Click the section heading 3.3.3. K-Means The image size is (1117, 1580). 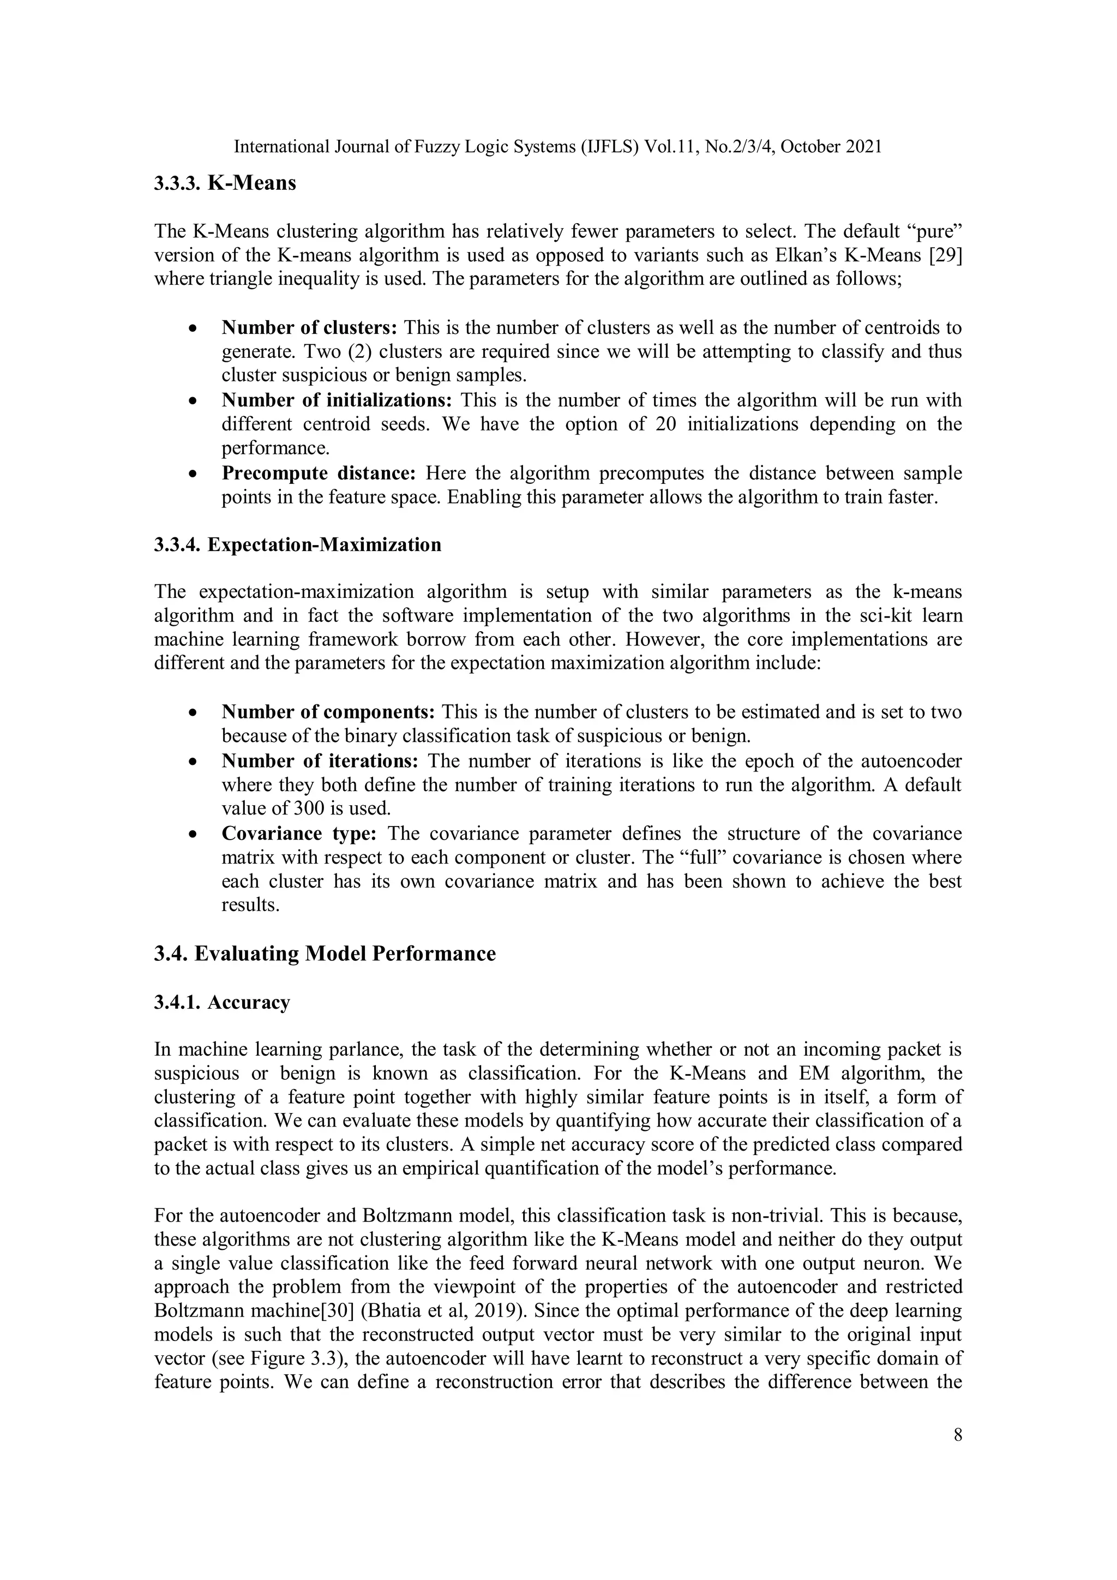click(224, 184)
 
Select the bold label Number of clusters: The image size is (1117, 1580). click(309, 327)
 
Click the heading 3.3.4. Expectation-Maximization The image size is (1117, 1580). click(297, 545)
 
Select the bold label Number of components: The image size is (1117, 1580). click(328, 712)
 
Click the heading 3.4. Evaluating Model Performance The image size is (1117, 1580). click(325, 954)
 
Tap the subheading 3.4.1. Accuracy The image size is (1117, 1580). click(221, 1003)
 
